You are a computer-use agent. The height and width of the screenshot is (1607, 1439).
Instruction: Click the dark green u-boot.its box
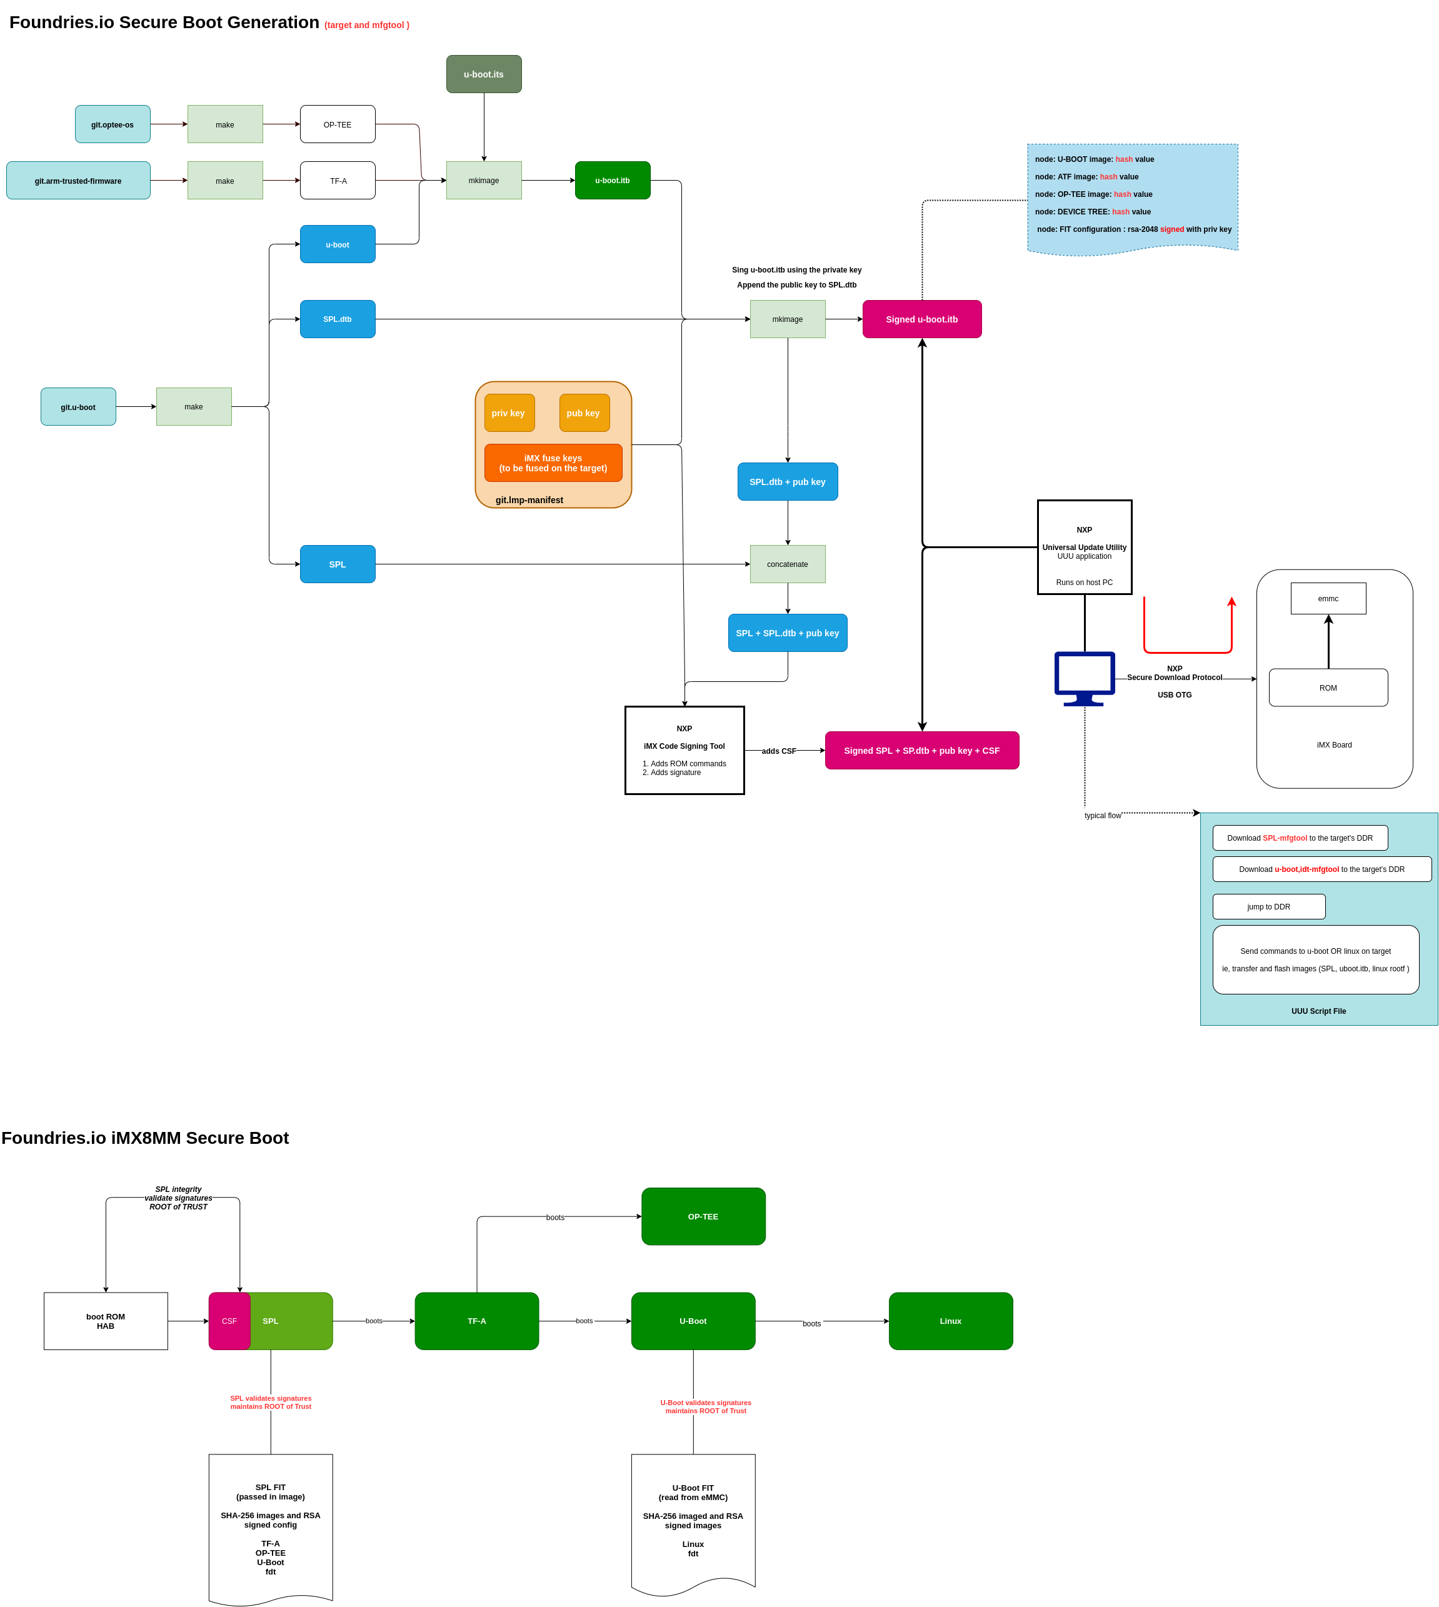484,74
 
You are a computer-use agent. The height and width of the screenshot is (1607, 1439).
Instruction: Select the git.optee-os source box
113,124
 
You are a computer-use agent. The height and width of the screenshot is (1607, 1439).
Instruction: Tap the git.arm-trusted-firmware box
78,180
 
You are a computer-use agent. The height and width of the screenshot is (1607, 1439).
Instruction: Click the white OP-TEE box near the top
338,124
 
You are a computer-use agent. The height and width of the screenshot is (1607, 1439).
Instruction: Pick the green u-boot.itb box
613,180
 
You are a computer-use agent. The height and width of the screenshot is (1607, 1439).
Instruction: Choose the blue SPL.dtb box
338,319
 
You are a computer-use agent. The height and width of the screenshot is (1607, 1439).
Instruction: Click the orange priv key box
509,413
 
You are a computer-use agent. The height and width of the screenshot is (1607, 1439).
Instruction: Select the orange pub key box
584,413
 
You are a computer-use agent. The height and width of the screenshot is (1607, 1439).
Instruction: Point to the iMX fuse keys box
553,463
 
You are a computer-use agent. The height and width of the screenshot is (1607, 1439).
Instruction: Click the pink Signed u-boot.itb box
922,319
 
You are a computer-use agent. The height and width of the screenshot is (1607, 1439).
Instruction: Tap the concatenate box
788,564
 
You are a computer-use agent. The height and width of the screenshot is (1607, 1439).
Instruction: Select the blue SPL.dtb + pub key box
788,481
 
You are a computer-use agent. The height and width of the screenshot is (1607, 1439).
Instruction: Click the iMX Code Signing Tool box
684,750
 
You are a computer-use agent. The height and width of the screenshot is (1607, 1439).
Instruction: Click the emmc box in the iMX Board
1328,598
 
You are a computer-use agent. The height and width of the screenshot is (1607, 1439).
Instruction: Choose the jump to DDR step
1269,907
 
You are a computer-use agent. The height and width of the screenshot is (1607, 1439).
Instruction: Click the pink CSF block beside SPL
229,1321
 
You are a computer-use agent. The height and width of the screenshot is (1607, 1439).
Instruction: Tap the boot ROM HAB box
106,1321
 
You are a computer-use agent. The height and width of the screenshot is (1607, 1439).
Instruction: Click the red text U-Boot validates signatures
706,1406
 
